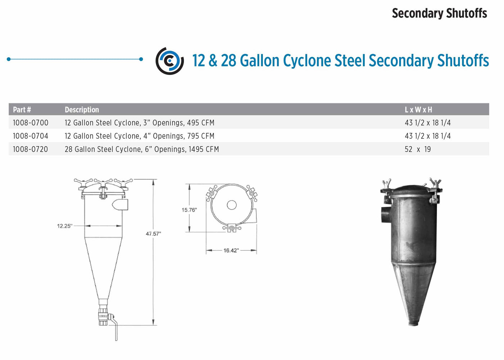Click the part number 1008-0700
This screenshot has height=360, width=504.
[x=31, y=123]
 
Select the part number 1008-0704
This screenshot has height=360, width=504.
[x=31, y=136]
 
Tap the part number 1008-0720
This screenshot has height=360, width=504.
[x=31, y=149]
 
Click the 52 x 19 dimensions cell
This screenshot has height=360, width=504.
[x=418, y=149]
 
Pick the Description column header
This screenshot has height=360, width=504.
[x=82, y=110]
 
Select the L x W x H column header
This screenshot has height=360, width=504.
[x=418, y=110]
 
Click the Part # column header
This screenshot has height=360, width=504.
[x=22, y=110]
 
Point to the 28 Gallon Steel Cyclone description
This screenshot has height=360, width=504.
[x=141, y=149]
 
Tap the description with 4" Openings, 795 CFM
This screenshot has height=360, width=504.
[x=139, y=136]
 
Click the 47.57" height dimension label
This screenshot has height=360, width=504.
[x=153, y=234]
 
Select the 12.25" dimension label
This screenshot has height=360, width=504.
[x=65, y=226]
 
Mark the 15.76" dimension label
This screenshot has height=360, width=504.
[x=189, y=210]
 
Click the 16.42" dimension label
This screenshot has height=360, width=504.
[x=231, y=251]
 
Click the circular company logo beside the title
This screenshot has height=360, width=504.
[x=170, y=61]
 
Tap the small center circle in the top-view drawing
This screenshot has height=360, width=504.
[x=231, y=205]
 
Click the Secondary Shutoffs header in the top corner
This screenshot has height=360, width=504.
[x=439, y=13]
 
